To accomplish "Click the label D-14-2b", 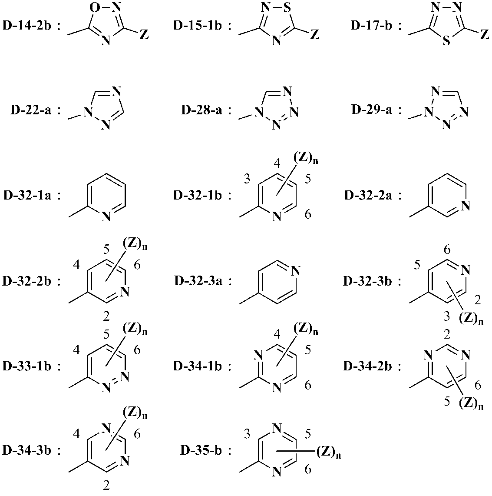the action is (x=26, y=25).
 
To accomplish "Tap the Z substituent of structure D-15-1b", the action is (x=314, y=35).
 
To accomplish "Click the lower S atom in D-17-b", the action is (x=446, y=41).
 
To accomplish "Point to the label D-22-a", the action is (x=31, y=110).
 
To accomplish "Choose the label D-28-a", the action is (x=201, y=110).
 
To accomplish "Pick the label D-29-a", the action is (x=372, y=110).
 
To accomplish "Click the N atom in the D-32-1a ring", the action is (x=106, y=216).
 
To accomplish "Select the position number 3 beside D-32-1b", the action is (x=247, y=179).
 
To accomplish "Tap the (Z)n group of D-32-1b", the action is (x=306, y=160).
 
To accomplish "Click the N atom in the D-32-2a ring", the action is (x=465, y=206).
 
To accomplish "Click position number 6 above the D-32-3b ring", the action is (x=447, y=250).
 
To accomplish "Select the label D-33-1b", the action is (x=26, y=366).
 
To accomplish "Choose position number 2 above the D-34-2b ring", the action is (x=447, y=334).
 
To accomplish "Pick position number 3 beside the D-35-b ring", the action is (x=247, y=434).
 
